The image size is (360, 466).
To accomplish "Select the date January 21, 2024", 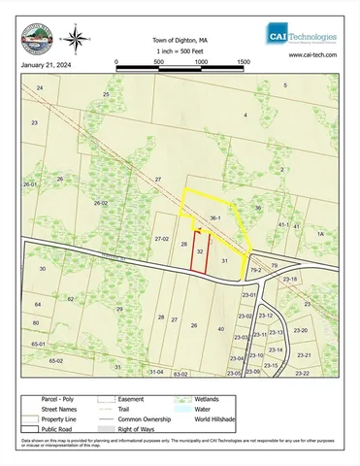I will (44, 67).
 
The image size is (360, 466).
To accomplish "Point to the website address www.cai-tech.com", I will (312, 55).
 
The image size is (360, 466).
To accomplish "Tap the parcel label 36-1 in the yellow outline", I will (216, 218).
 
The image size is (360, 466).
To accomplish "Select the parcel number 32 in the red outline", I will (200, 251).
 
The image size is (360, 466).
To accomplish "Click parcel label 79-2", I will (256, 270).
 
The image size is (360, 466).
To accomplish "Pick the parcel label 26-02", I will (100, 203).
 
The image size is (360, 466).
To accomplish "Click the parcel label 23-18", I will (289, 279).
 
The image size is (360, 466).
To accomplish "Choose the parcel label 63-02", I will (180, 373).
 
